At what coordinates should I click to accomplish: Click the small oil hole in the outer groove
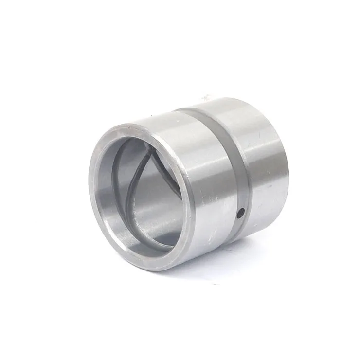(x=240, y=212)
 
